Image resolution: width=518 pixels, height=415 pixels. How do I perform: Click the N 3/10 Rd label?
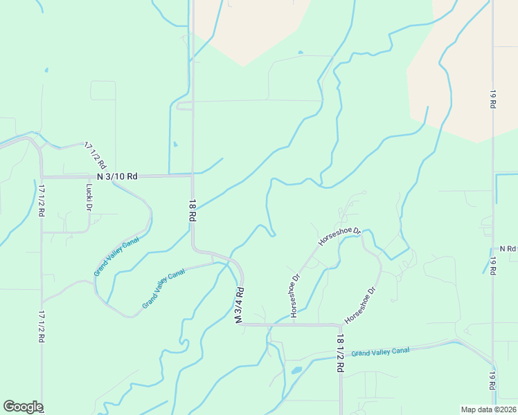[x=117, y=176]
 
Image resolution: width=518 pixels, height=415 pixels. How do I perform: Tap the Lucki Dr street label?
[x=89, y=196]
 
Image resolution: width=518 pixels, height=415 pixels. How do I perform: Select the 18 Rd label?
[x=193, y=210]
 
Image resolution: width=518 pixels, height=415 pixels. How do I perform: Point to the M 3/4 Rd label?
[x=240, y=306]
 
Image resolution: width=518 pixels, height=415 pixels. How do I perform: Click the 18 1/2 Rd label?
[x=340, y=353]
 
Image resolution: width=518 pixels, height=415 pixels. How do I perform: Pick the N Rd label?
[x=508, y=248]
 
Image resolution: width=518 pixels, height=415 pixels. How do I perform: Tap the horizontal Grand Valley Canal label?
[x=380, y=351]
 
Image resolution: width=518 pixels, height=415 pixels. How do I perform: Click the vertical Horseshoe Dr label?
[x=295, y=297]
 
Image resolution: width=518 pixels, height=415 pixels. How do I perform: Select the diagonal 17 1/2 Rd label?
[x=96, y=156]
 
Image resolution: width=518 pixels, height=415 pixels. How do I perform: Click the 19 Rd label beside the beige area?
[x=493, y=98]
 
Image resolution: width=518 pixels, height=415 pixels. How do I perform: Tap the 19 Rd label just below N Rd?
[x=493, y=266]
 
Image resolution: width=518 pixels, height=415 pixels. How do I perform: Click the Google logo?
[x=23, y=407]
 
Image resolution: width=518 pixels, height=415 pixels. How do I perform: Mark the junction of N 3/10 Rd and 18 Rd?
[x=193, y=176]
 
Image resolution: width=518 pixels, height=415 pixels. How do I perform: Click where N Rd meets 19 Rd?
[x=493, y=248]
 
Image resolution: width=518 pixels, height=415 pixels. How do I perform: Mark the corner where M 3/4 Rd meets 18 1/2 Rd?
[x=340, y=324]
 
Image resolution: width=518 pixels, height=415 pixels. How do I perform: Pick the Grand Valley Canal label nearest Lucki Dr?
[x=116, y=256]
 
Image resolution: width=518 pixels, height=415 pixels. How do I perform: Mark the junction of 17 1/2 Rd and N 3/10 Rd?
[x=42, y=176]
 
